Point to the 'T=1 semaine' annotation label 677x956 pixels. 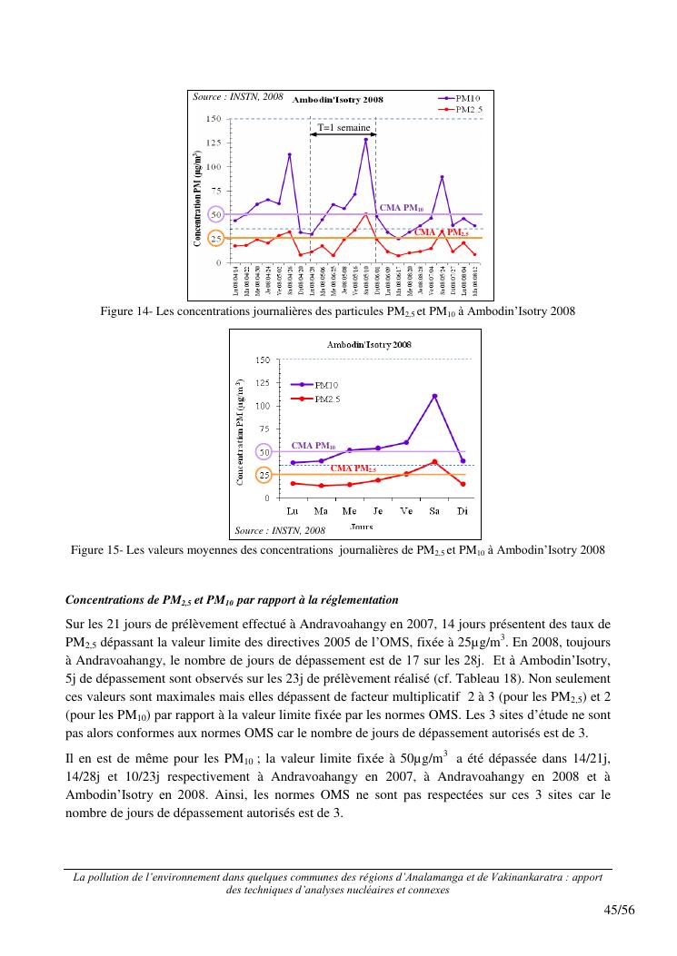(343, 128)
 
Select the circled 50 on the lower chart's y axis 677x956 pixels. (264, 451)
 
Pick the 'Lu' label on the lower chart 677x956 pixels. (293, 511)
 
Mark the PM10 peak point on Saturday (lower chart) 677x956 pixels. (434, 396)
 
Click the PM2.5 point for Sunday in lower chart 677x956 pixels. (463, 484)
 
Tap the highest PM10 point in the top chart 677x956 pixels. (366, 139)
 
